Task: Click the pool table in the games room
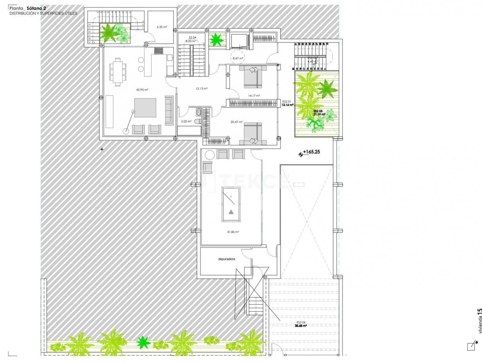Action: [231, 204]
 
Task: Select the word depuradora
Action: [227, 259]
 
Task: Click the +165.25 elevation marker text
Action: [311, 152]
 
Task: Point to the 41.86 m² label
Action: [233, 232]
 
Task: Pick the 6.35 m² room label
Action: [162, 27]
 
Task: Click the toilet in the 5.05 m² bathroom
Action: [198, 122]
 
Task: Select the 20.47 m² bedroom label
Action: [236, 122]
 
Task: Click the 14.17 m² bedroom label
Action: [254, 96]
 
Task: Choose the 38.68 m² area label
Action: [301, 326]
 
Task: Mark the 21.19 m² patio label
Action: [319, 114]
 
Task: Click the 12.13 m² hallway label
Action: [202, 89]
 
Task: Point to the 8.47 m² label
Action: [238, 58]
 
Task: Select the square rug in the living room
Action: [145, 108]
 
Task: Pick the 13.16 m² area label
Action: [287, 105]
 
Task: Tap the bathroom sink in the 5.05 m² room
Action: [198, 113]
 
